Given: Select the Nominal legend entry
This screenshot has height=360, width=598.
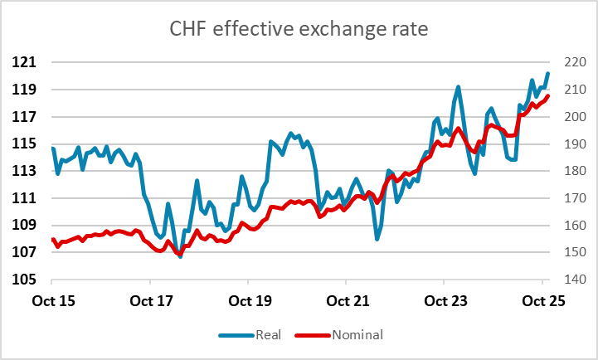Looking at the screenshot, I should tap(357, 335).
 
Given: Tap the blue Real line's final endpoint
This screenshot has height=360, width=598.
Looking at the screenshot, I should tap(548, 74).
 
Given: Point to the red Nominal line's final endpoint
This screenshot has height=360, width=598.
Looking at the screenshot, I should tap(548, 95).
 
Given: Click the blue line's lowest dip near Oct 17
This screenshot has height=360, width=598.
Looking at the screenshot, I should tap(180, 257).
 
